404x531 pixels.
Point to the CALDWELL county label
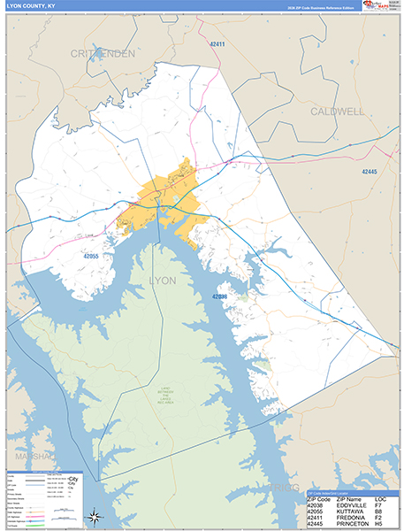[x=336, y=112]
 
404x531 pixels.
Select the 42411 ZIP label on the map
[x=217, y=43]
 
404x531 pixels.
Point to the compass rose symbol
[x=97, y=518]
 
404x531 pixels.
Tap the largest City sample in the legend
[x=74, y=479]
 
